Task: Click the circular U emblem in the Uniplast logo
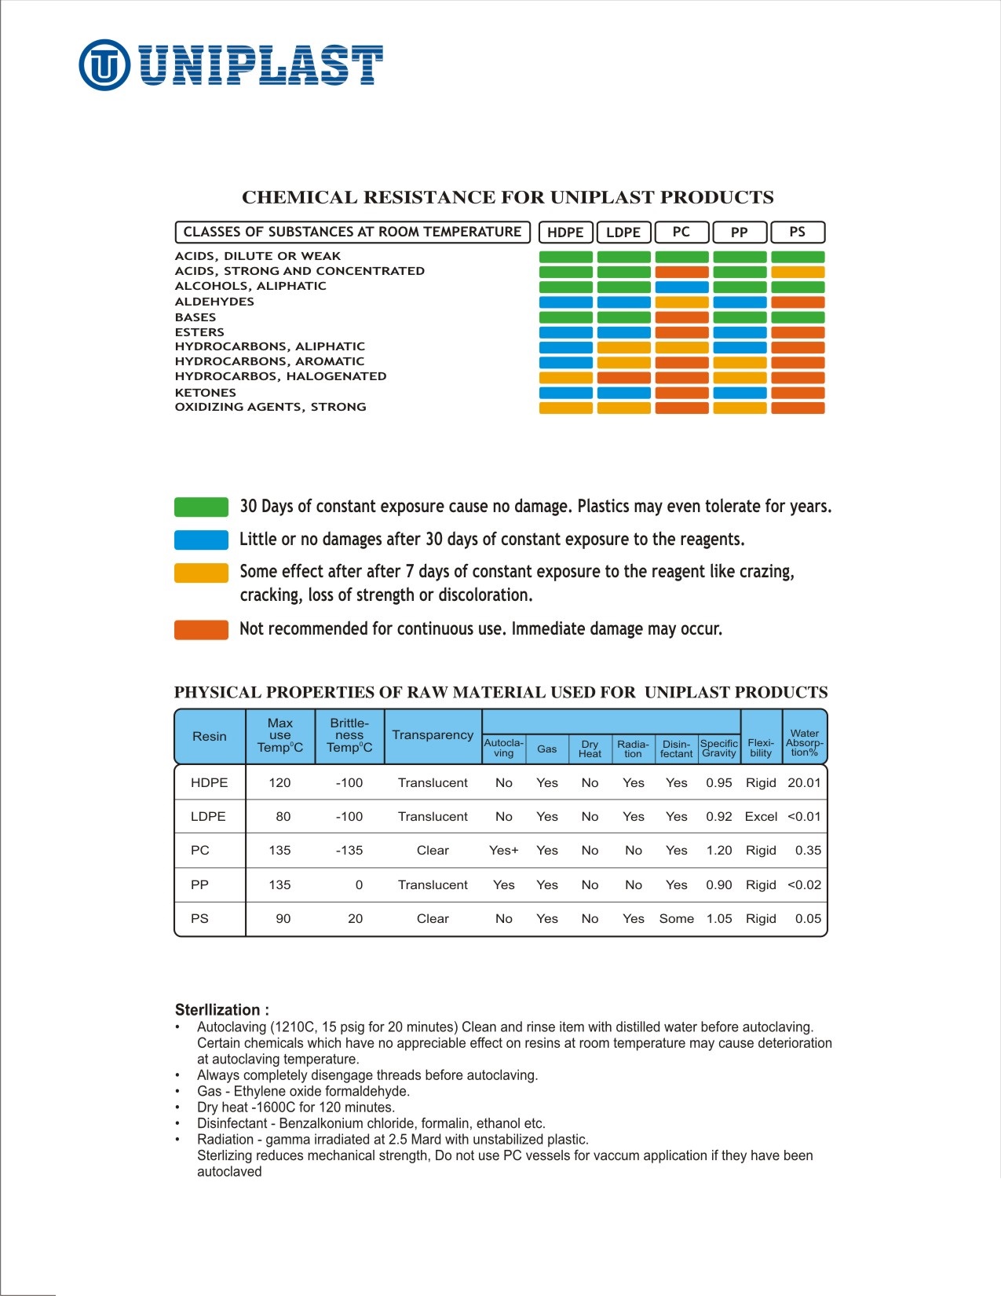click(104, 64)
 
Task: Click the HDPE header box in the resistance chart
click(565, 232)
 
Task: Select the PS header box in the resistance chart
click(797, 232)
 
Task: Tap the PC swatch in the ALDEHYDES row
click(681, 302)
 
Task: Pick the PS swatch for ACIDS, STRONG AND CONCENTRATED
click(798, 272)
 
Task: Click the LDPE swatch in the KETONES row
click(623, 393)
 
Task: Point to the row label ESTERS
click(199, 332)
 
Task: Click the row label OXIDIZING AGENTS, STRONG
click(270, 407)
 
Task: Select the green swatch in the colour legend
click(201, 507)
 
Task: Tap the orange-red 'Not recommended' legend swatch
click(201, 629)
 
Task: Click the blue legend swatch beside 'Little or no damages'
click(201, 540)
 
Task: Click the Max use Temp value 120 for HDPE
click(279, 783)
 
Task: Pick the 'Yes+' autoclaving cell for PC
click(503, 851)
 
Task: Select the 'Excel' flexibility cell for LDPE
click(761, 817)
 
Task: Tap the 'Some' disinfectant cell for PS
click(676, 919)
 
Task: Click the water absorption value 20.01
click(804, 783)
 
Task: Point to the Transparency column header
click(433, 735)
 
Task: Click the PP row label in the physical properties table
click(199, 885)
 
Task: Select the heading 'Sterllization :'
click(221, 1010)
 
